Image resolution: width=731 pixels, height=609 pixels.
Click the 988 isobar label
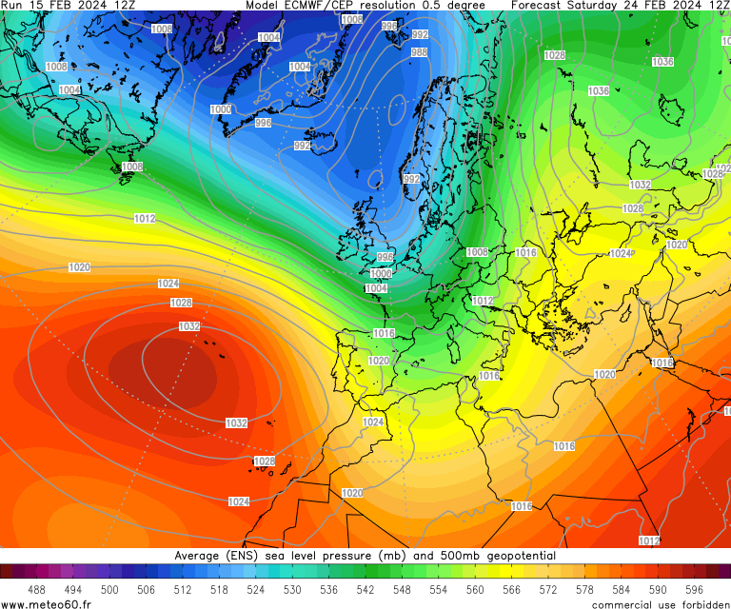click(419, 52)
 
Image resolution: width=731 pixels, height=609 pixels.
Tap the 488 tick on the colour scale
click(37, 590)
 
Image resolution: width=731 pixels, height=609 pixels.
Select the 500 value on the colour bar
click(109, 590)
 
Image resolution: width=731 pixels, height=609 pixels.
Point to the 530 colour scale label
click(292, 590)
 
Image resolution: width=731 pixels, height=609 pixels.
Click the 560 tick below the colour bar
click(475, 590)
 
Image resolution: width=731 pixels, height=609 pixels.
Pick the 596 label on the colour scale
click(694, 590)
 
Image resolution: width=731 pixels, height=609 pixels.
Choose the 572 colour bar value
click(547, 590)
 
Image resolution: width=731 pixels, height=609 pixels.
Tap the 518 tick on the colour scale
click(219, 590)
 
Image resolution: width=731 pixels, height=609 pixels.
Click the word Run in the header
click(13, 5)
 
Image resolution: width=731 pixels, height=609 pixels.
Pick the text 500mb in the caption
click(443, 556)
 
